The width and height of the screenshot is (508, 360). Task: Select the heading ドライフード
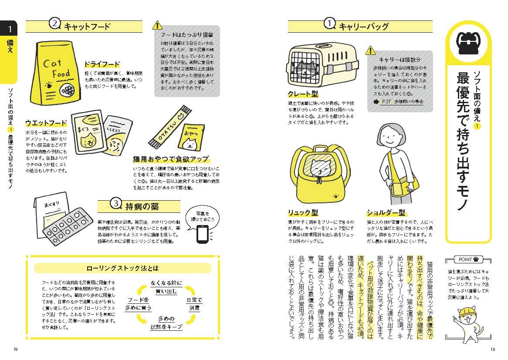pos(102,64)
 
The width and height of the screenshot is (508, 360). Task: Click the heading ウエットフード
pos(46,123)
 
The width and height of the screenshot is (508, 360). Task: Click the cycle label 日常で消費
pos(194,303)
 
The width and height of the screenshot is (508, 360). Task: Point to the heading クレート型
pos(303,94)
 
